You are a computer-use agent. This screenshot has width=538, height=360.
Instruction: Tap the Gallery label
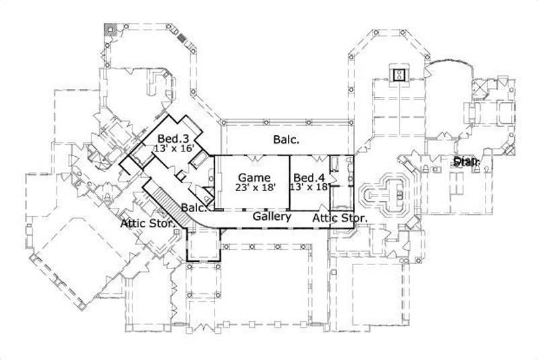272,217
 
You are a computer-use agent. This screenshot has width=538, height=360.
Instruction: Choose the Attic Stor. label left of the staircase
149,223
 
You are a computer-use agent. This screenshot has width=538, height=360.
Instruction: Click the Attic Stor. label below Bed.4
340,218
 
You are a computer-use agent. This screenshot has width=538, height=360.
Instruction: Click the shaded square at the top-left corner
110,30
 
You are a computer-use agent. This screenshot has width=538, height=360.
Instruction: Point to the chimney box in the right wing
399,75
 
